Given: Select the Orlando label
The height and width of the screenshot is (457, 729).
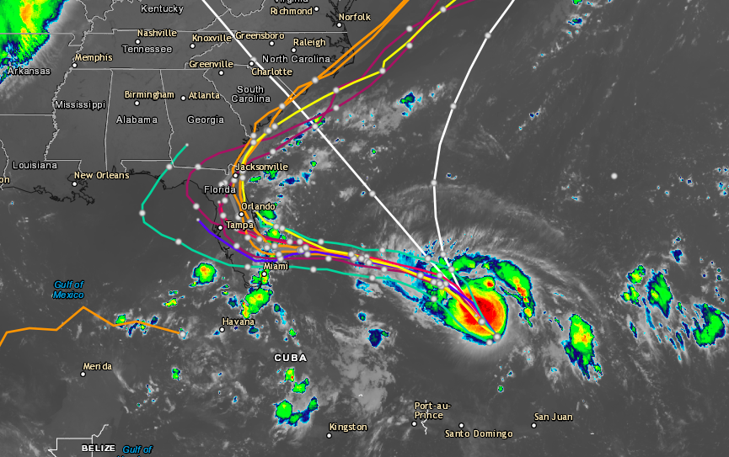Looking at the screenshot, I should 258,206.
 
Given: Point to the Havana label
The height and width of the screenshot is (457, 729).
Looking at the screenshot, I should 238,321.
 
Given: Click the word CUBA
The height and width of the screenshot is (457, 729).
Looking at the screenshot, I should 291,358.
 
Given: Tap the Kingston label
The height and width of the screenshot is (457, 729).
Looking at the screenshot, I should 349,427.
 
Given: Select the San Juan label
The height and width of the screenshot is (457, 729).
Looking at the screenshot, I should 554,417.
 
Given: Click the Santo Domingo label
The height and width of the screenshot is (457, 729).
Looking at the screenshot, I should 479,433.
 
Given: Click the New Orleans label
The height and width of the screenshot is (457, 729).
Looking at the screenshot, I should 101,175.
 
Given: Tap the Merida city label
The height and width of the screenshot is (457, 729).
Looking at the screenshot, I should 97,366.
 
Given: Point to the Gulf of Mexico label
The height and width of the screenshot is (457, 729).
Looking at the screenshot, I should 69,290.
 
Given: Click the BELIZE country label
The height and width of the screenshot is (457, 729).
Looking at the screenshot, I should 98,449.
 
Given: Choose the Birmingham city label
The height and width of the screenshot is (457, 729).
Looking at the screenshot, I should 149,94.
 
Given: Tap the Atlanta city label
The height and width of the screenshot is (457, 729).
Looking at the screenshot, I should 204,95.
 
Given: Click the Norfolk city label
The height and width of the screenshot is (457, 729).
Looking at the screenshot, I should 354,17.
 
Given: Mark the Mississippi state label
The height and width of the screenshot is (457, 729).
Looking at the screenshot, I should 80,104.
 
